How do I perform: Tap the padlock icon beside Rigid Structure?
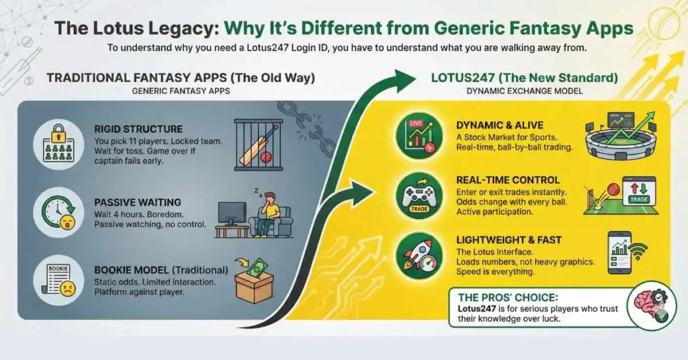pyautogui.click(x=58, y=141)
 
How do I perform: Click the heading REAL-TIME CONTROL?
pyautogui.click(x=508, y=180)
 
